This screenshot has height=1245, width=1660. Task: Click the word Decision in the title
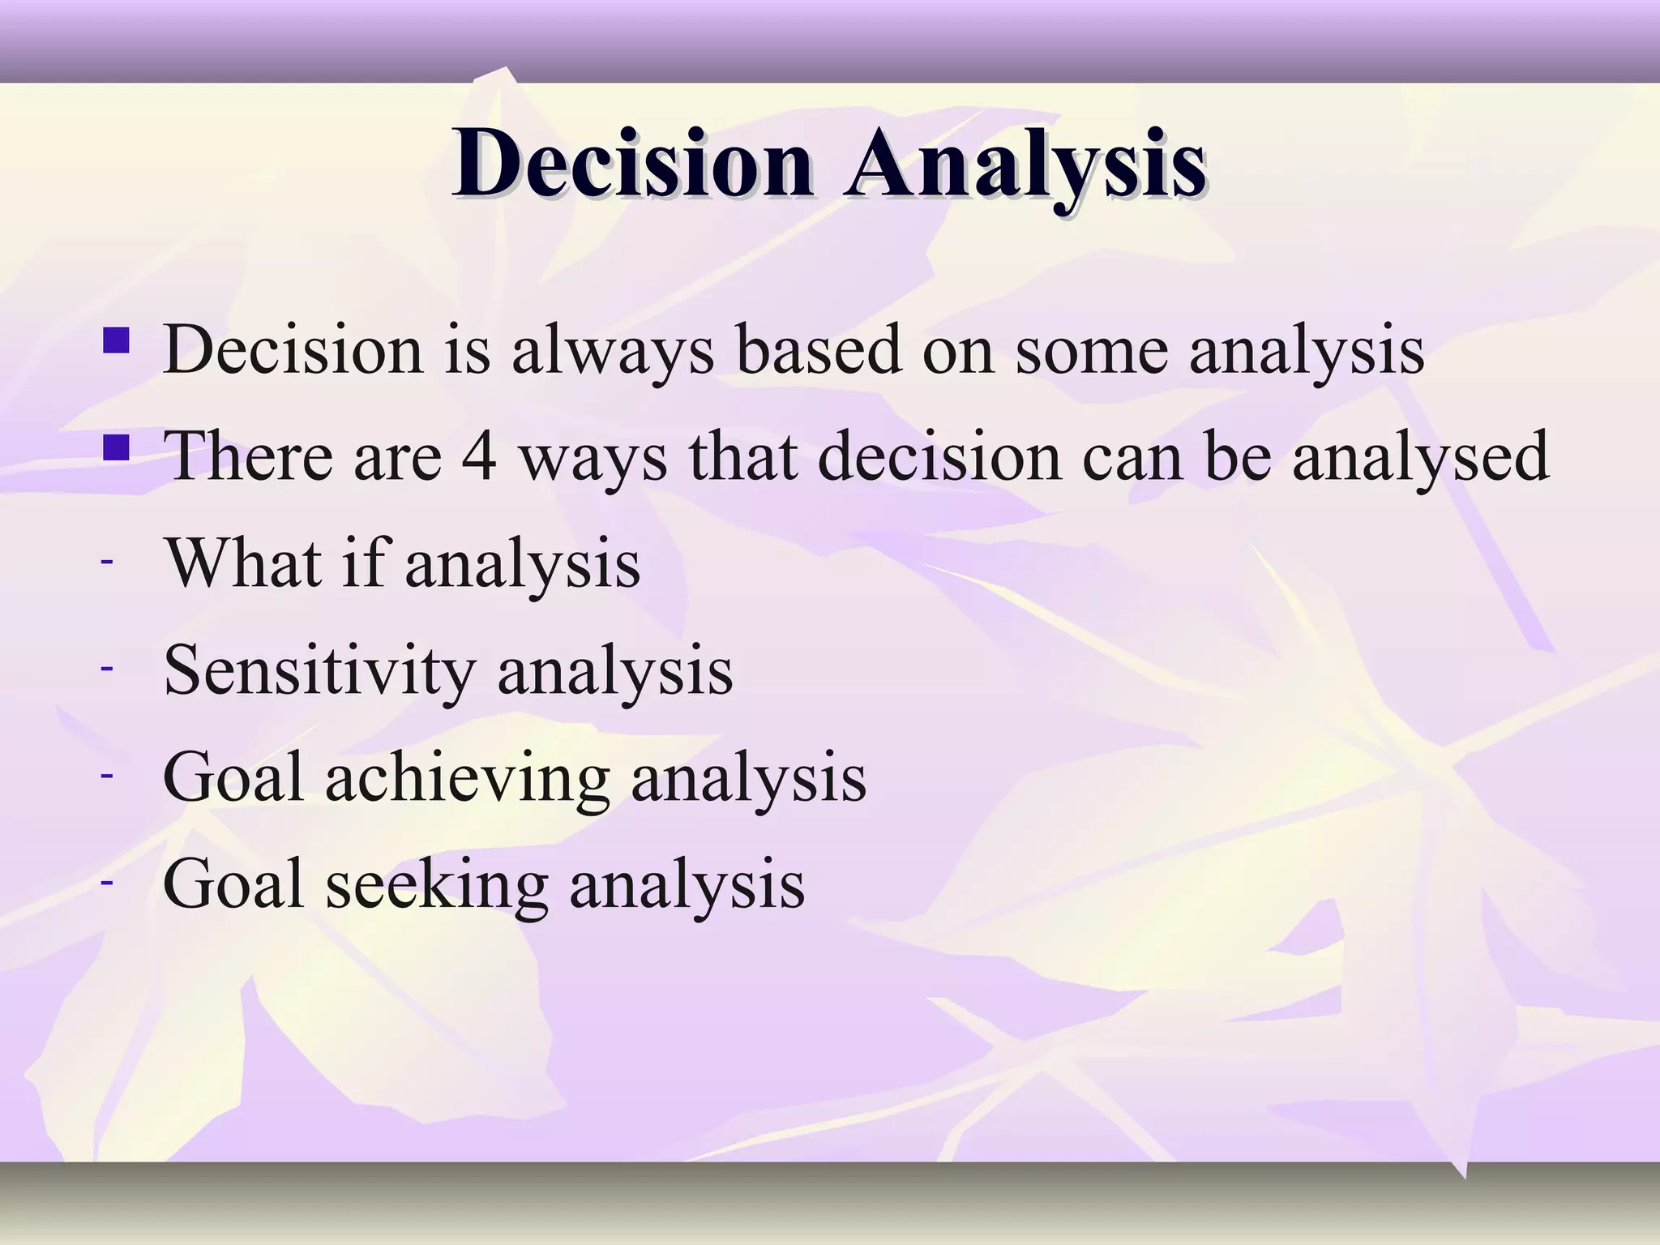tap(632, 165)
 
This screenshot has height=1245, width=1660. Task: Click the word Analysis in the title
tap(1024, 165)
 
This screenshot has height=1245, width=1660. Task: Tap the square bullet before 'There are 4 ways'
tap(116, 447)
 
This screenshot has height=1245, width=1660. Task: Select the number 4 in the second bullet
tap(478, 456)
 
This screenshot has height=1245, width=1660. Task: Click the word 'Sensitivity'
tap(319, 671)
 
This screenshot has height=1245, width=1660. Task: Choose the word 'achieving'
tap(468, 778)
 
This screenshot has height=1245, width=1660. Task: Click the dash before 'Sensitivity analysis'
tap(106, 668)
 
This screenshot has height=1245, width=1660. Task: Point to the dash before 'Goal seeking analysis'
tap(106, 882)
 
